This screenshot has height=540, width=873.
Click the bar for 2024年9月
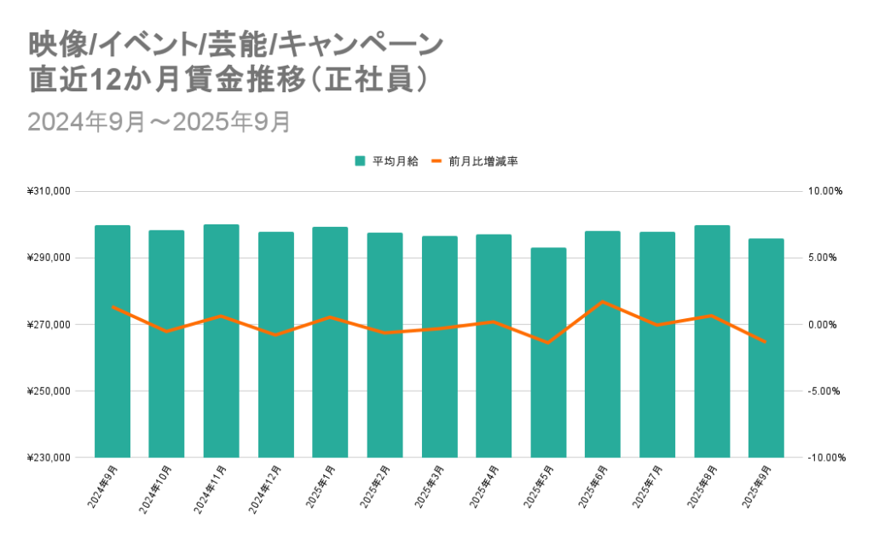point(113,341)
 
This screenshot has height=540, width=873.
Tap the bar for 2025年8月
point(712,341)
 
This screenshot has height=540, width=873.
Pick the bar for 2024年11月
point(222,341)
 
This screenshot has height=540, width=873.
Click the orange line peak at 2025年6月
point(603,301)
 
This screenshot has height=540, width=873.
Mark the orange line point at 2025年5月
point(548,343)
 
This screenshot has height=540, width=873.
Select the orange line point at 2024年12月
point(276,334)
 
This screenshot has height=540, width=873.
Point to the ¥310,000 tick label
point(49,192)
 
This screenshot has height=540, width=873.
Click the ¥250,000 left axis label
point(49,392)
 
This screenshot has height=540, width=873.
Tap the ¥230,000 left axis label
point(49,458)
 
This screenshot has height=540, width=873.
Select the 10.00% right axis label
point(824,192)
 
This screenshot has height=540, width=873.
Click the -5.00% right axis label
point(824,392)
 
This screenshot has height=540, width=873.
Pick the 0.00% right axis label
point(824,325)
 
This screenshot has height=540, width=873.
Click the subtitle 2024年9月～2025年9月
point(159,122)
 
